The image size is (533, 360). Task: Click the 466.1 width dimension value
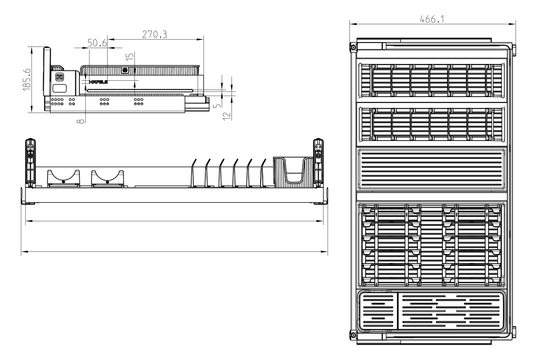click(432, 19)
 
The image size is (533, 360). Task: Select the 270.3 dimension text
click(154, 35)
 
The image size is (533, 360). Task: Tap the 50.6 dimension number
click(97, 44)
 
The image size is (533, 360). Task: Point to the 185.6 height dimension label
click(26, 79)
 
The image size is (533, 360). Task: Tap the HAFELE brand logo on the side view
click(98, 81)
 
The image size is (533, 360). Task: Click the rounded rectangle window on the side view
click(60, 89)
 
